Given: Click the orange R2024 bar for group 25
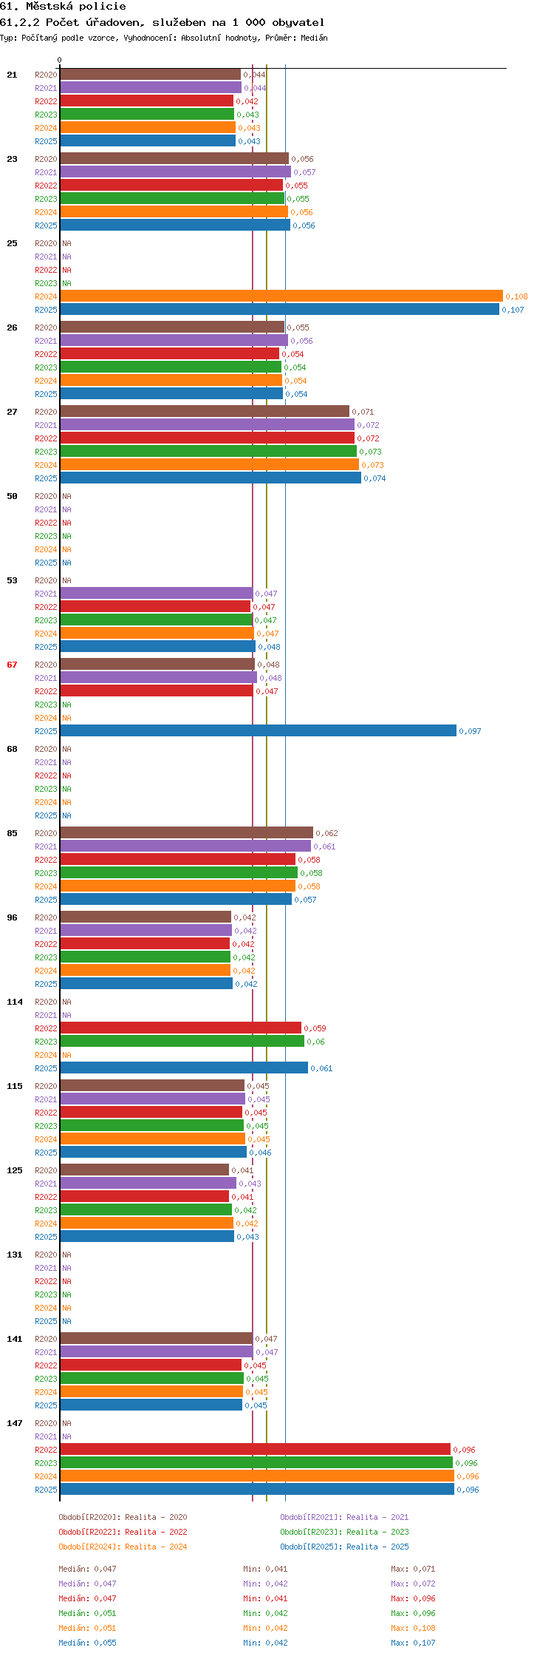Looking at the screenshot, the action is pyautogui.click(x=281, y=296).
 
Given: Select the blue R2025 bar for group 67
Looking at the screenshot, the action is pyautogui.click(x=258, y=731).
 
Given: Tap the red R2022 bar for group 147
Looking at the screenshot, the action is pyautogui.click(x=255, y=1450).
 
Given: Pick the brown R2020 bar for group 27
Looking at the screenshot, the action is pyautogui.click(x=205, y=412).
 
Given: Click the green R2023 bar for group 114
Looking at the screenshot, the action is pyautogui.click(x=182, y=1042).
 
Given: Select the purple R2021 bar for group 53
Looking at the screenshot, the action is pyautogui.click(x=156, y=594).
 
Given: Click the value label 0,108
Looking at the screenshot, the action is pyautogui.click(x=516, y=296).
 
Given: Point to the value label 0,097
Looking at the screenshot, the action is pyautogui.click(x=470, y=731).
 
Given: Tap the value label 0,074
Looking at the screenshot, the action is pyautogui.click(x=375, y=478).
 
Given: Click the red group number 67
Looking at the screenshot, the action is pyautogui.click(x=12, y=665).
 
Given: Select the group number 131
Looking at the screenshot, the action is pyautogui.click(x=15, y=1255).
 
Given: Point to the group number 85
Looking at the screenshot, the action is pyautogui.click(x=12, y=833).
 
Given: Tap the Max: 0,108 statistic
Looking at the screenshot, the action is pyautogui.click(x=413, y=1628).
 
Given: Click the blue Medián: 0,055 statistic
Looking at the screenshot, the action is pyautogui.click(x=87, y=1643).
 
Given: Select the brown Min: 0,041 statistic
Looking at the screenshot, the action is pyautogui.click(x=265, y=1569).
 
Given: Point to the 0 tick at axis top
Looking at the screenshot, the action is pyautogui.click(x=60, y=61).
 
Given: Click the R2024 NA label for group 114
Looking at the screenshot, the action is pyautogui.click(x=66, y=1055).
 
